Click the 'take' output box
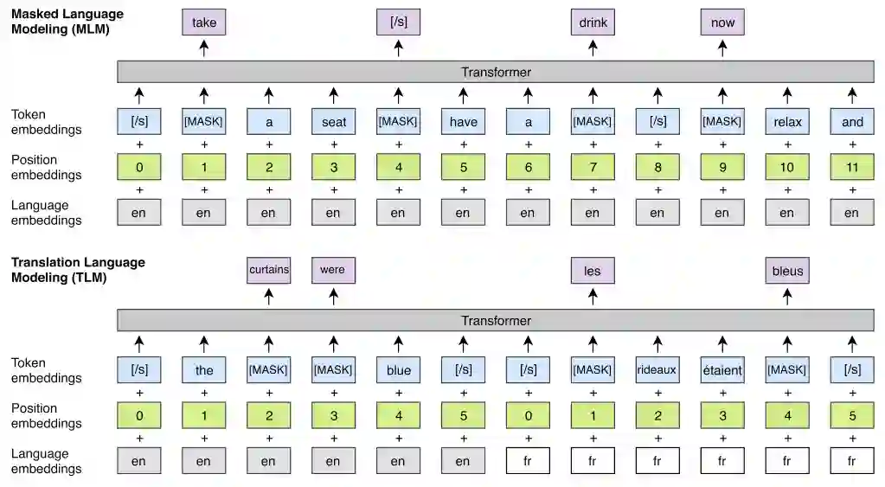[x=203, y=22]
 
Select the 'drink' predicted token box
[x=593, y=22]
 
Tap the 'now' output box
[x=722, y=22]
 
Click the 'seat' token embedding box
[x=333, y=122]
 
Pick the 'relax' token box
[x=787, y=122]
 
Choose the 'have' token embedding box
[x=463, y=122]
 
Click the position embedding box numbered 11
[x=852, y=167]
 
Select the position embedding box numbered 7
[x=593, y=167]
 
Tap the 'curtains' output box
[x=268, y=271]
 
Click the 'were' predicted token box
[x=333, y=271]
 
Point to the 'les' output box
[x=593, y=271]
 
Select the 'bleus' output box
[x=787, y=271]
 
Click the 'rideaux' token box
[x=657, y=370]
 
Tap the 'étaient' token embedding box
[x=722, y=370]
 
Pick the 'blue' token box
[x=398, y=370]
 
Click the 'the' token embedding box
[x=203, y=370]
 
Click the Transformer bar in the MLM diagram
[x=496, y=72]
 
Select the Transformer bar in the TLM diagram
[x=496, y=320]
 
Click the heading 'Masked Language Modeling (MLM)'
[x=67, y=22]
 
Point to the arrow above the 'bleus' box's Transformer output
[x=787, y=297]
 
